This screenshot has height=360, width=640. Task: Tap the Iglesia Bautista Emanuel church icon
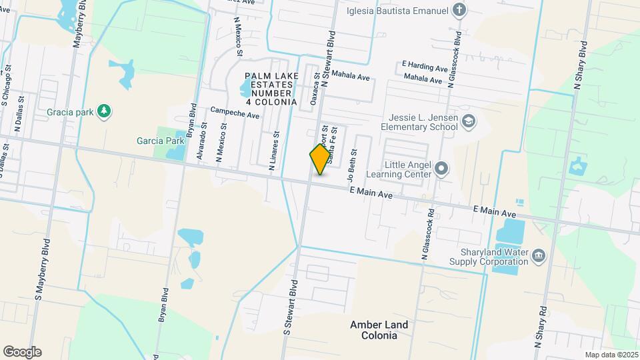pos(459,10)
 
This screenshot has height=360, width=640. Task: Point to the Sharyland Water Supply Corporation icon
pos(539,254)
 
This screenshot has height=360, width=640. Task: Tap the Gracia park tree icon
pos(103,111)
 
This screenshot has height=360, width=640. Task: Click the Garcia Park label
pos(159,141)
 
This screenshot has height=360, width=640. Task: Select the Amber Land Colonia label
pos(380,330)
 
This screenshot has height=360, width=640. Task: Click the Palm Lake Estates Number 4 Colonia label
pos(271,89)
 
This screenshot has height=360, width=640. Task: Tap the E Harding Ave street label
pos(424,67)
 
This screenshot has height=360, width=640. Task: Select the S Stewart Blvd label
pos(291,307)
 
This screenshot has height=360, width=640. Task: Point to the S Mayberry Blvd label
pos(40,268)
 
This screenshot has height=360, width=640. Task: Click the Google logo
pos(22,352)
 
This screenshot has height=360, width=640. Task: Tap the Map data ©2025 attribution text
pos(610,355)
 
